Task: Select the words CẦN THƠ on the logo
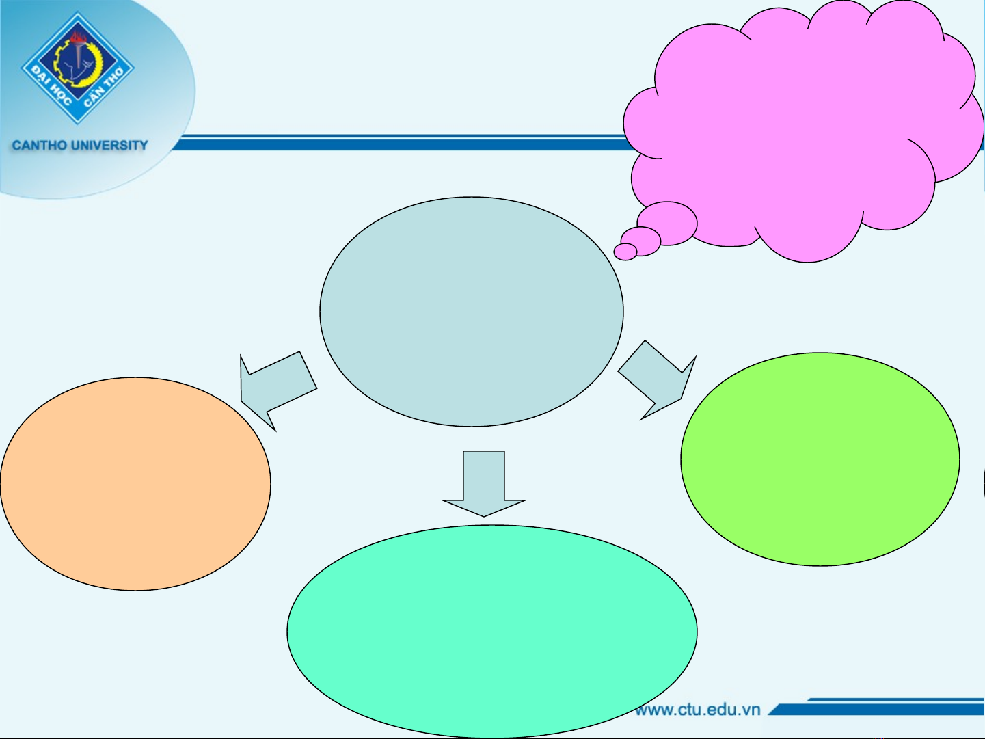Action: [104, 88]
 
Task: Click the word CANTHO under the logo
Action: [40, 146]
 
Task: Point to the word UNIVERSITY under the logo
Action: [109, 146]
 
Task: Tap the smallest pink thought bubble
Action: [625, 252]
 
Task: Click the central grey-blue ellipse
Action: [472, 312]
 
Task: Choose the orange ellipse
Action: [135, 483]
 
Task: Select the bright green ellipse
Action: [820, 459]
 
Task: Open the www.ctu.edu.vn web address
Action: [698, 709]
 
